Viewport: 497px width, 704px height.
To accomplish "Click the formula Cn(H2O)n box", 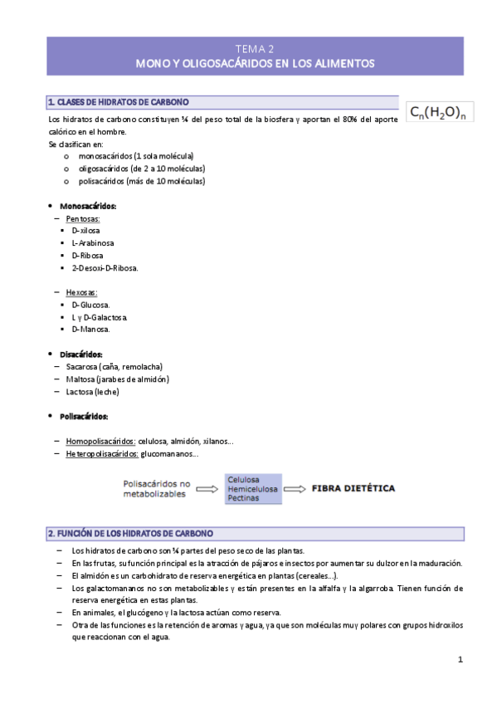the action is pos(441,111).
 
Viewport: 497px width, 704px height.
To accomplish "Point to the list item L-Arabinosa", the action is pos(92,242).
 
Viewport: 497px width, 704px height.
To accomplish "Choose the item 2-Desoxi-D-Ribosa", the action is pos(105,267).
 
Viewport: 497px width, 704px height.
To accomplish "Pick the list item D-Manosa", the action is pos(90,330).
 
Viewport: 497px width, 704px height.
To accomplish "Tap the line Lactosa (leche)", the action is pos(93,391).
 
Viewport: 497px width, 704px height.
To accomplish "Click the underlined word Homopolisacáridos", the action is pos(100,441).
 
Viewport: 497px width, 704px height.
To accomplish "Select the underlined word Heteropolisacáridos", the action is pos(102,453).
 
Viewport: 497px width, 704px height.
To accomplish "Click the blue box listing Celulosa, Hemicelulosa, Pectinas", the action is pos(253,488).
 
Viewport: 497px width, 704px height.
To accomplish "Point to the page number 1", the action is pos(460,659).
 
